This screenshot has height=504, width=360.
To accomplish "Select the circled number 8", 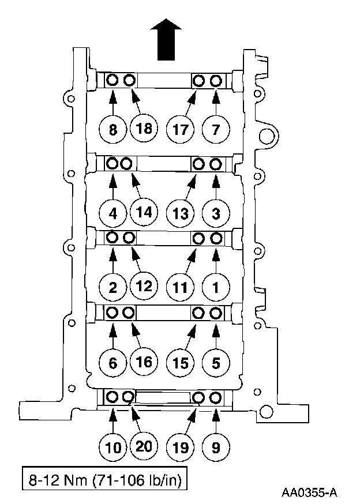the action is [x=113, y=130].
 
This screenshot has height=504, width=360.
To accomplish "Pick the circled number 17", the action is [x=181, y=129].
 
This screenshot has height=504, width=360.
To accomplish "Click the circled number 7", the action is [x=216, y=130].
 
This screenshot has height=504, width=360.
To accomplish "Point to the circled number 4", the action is [x=113, y=213].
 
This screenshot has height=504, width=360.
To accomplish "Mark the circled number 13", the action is [x=181, y=213].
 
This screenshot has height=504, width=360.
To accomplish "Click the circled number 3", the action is [x=216, y=213].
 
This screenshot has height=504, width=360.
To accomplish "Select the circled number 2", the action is [x=113, y=286].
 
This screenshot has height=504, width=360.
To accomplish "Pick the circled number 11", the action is [x=181, y=286].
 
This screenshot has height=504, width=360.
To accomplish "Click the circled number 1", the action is [x=216, y=286].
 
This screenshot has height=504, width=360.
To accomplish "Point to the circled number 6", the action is [x=113, y=363].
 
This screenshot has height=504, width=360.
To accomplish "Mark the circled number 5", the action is [x=216, y=363].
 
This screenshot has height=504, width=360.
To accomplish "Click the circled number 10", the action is [x=113, y=446].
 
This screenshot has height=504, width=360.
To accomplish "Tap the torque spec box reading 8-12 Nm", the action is [x=104, y=479].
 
